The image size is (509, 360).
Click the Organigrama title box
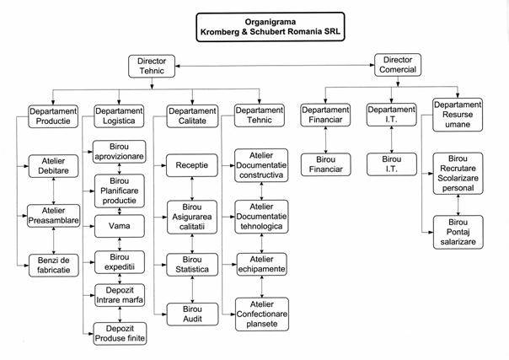click(x=269, y=26)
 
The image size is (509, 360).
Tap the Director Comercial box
click(x=397, y=65)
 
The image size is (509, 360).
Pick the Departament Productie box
click(x=52, y=116)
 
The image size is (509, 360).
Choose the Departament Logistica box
click(x=118, y=116)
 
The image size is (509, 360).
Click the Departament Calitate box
click(x=190, y=116)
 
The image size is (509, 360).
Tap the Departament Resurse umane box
click(x=457, y=116)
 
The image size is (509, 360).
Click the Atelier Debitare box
click(x=52, y=164)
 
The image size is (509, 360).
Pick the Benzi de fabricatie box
click(x=52, y=263)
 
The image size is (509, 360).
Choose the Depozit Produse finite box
click(x=119, y=332)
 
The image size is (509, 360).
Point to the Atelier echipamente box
click(x=260, y=263)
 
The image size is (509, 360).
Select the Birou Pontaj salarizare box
click(x=457, y=232)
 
